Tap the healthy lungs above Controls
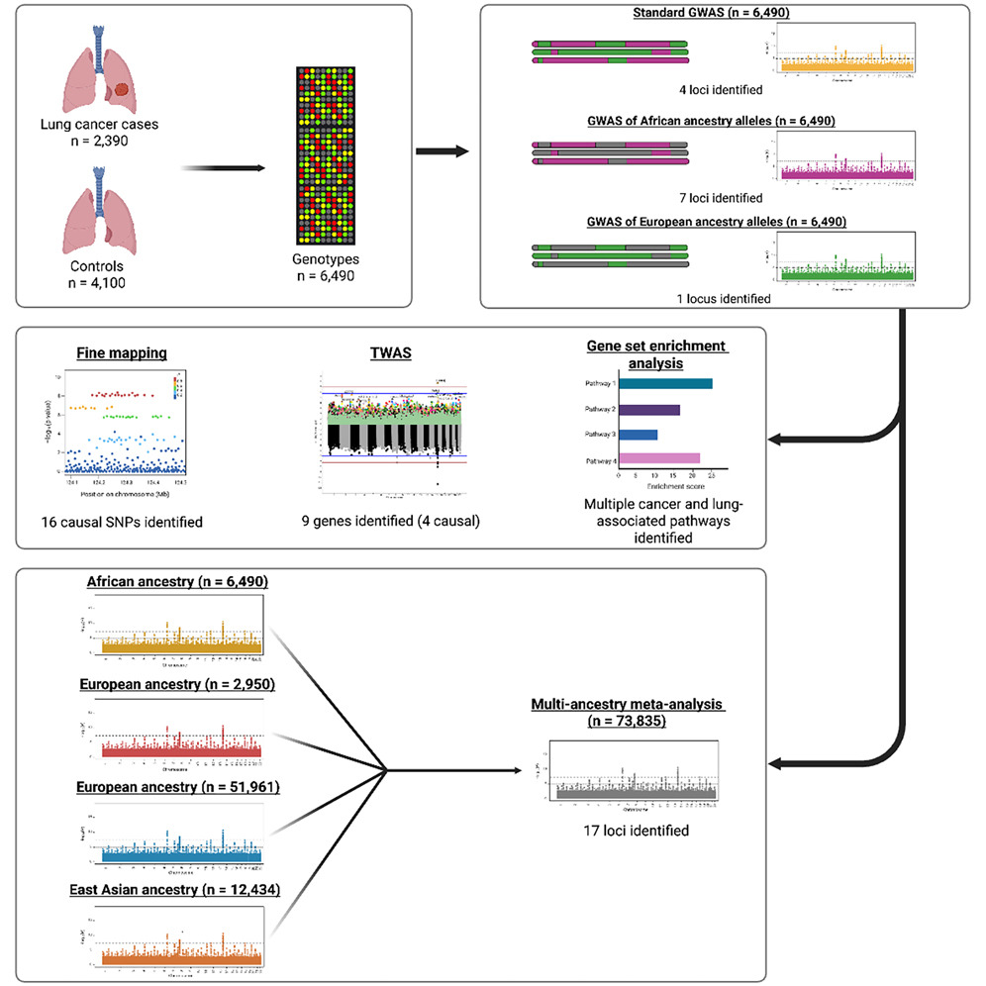98,213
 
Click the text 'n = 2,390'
99,143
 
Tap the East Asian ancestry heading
177,890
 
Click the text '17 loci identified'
636,830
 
